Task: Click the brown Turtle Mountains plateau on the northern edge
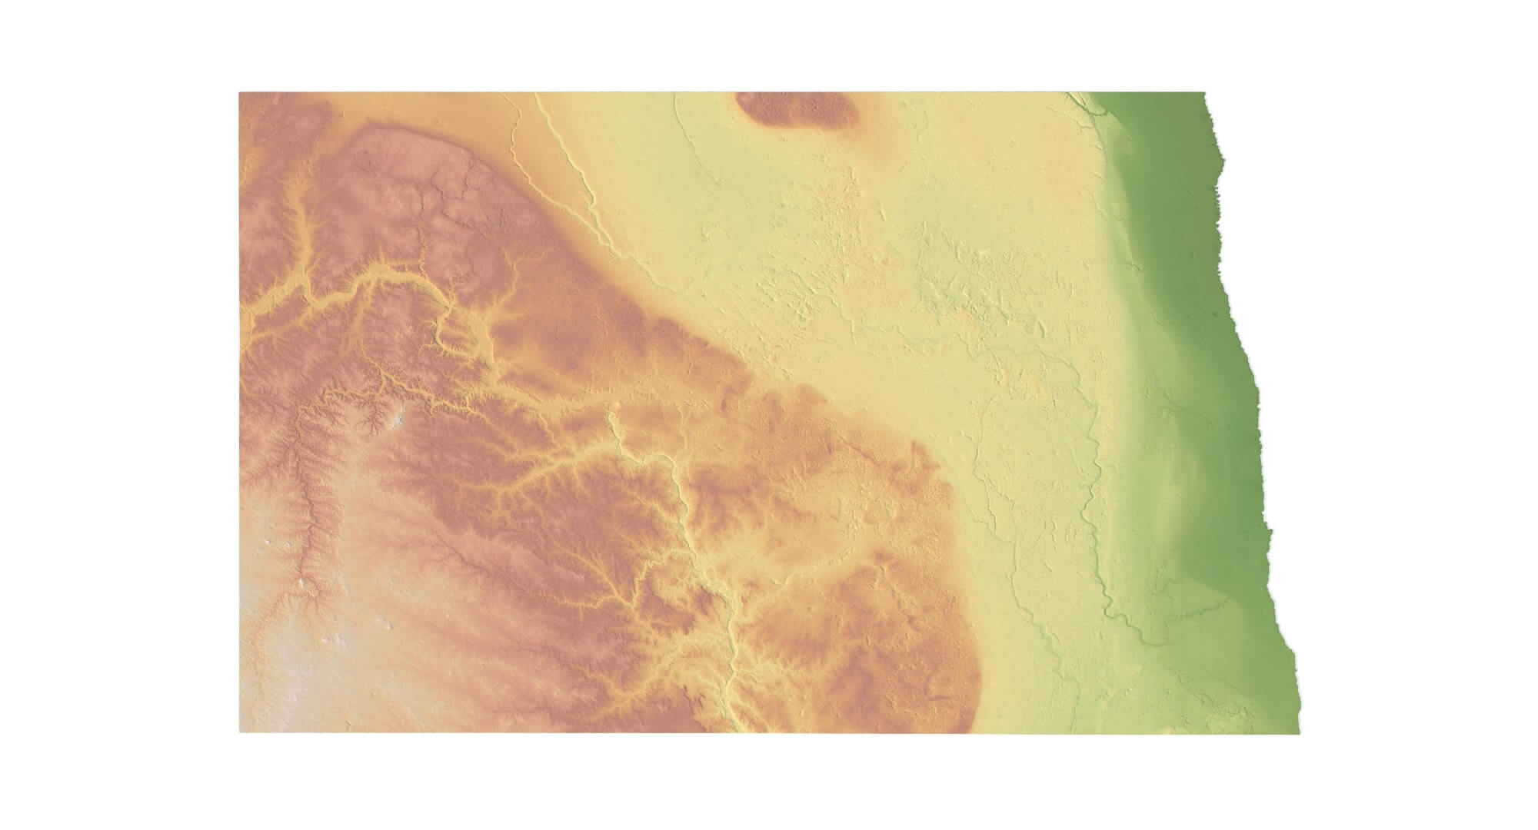(796, 108)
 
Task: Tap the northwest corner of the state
(240, 93)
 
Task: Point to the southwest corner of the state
(240, 732)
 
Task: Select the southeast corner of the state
(1299, 731)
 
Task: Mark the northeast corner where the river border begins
(1204, 94)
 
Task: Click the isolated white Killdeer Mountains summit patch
(398, 420)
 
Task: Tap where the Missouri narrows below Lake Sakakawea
(611, 419)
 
